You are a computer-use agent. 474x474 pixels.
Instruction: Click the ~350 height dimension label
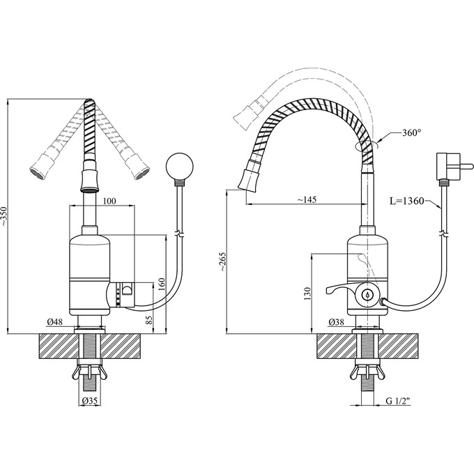coord(3,217)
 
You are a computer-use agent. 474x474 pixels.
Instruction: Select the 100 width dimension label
coord(109,201)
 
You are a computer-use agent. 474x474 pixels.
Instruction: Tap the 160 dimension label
coord(162,284)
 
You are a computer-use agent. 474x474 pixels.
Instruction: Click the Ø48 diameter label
coord(54,322)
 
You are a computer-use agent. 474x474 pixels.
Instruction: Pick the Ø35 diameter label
coord(90,401)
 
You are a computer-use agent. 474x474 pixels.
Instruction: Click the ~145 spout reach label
coord(307,199)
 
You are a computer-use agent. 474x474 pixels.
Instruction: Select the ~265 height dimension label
coord(222,261)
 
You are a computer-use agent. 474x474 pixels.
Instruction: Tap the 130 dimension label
coord(307,293)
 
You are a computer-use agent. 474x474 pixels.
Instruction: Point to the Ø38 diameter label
coord(336,322)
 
